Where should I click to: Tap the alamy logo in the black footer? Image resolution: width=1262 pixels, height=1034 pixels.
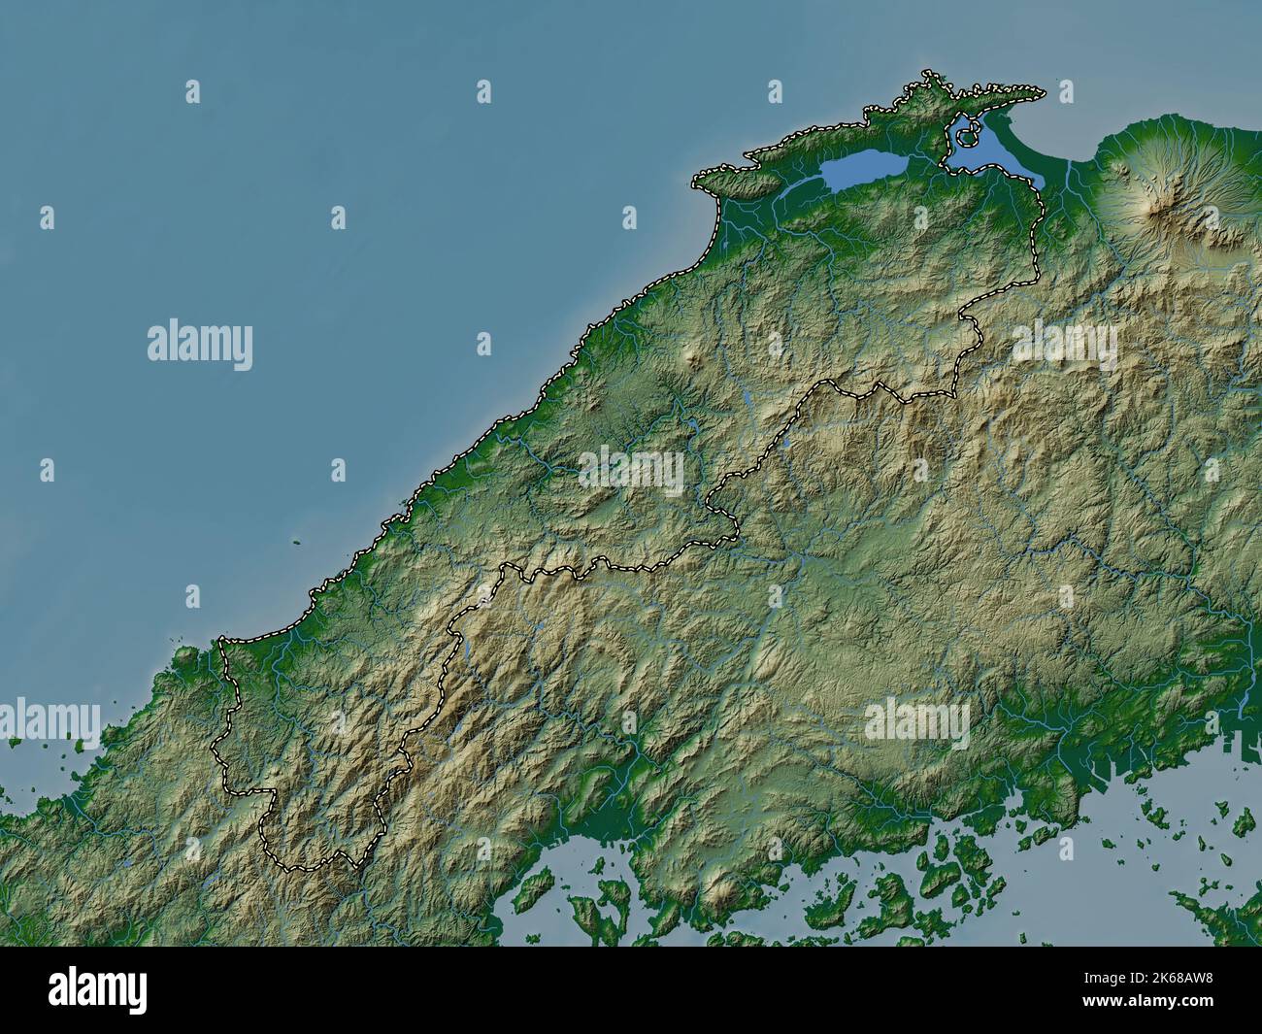point(98,991)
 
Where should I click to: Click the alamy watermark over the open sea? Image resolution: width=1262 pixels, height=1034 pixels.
point(200,346)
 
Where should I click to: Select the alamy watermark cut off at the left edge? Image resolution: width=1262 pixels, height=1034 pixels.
point(49,719)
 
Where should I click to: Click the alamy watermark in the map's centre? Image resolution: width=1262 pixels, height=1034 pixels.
point(631,471)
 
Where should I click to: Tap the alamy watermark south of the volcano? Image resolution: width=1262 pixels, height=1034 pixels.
point(1064,345)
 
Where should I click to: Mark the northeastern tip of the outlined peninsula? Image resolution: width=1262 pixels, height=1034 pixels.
point(1043,93)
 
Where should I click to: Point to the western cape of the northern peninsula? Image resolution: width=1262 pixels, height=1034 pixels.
point(697,181)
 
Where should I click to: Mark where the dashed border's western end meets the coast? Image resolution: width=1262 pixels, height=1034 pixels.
point(222,640)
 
